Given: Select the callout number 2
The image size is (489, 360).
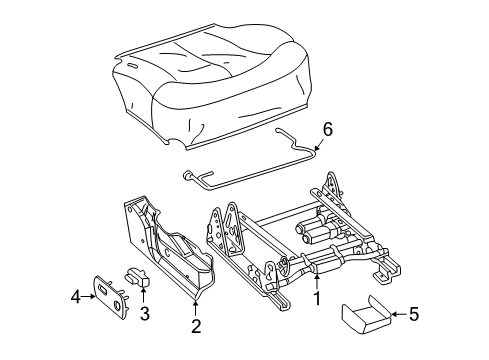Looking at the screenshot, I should coord(196,326).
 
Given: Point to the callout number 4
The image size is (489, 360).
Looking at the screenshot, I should coord(75,295).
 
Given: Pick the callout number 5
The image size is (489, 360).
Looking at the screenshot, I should coord(413,316).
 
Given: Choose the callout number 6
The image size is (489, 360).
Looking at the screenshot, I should coord(325,128).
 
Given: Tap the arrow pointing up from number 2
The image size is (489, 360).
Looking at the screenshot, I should coord(196,308).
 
